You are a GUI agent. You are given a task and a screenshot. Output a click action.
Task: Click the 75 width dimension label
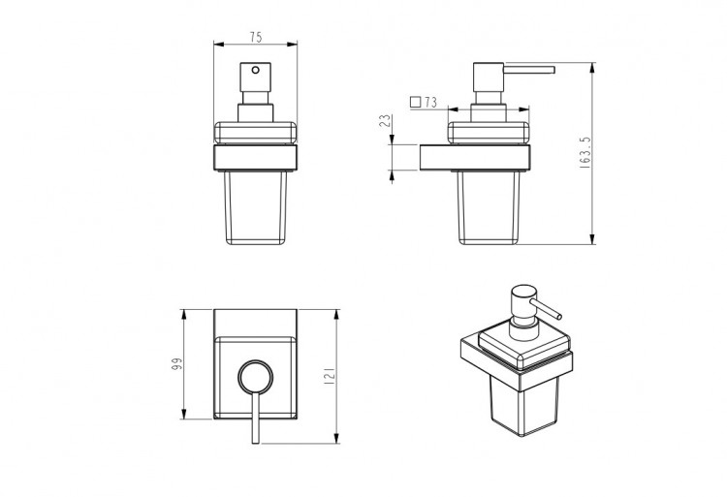pyautogui.click(x=256, y=37)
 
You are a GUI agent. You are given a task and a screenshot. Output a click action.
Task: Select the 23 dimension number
pyautogui.click(x=385, y=121)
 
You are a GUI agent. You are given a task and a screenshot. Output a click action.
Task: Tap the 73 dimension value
pyautogui.click(x=430, y=102)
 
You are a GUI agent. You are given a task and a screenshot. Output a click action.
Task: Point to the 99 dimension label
pyautogui.click(x=176, y=364)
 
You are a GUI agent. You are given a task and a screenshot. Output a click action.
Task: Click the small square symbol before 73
pyautogui.click(x=416, y=102)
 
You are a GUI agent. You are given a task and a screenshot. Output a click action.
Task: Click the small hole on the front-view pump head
pyautogui.click(x=256, y=70)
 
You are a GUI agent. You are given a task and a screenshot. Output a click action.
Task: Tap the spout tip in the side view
pyautogui.click(x=553, y=70)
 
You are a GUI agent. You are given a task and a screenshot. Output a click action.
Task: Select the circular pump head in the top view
pyautogui.click(x=256, y=376)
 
